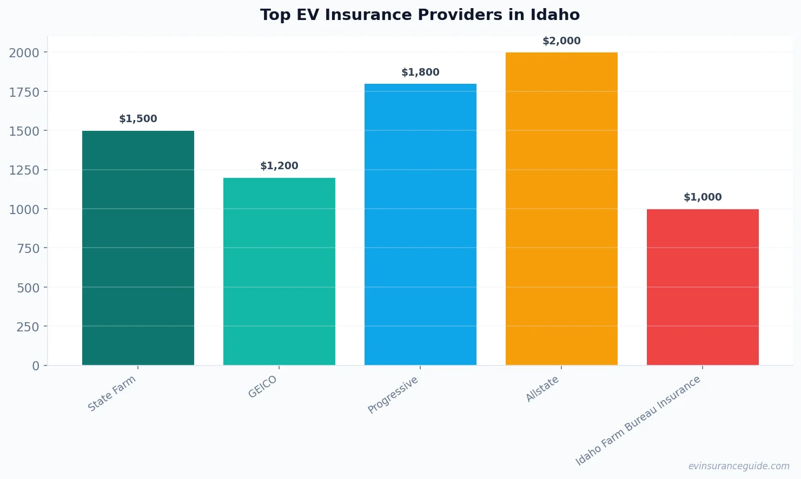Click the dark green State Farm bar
pos(138,248)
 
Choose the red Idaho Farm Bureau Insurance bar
pos(703,287)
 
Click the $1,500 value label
pos(138,119)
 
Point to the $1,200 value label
pos(279,166)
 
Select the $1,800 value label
pos(420,72)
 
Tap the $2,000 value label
pos(561,41)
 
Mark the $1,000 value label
pos(703,197)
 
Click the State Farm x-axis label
pos(112,394)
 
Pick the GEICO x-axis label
pos(263,387)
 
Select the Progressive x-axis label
pos(393,395)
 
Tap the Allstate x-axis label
pos(542,389)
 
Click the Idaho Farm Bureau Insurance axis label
pos(638,420)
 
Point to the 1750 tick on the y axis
pos(24,92)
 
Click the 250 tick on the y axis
pos(28,327)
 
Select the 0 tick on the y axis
pos(36,366)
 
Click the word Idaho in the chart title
pos(555,15)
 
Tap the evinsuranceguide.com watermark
pos(739,466)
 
